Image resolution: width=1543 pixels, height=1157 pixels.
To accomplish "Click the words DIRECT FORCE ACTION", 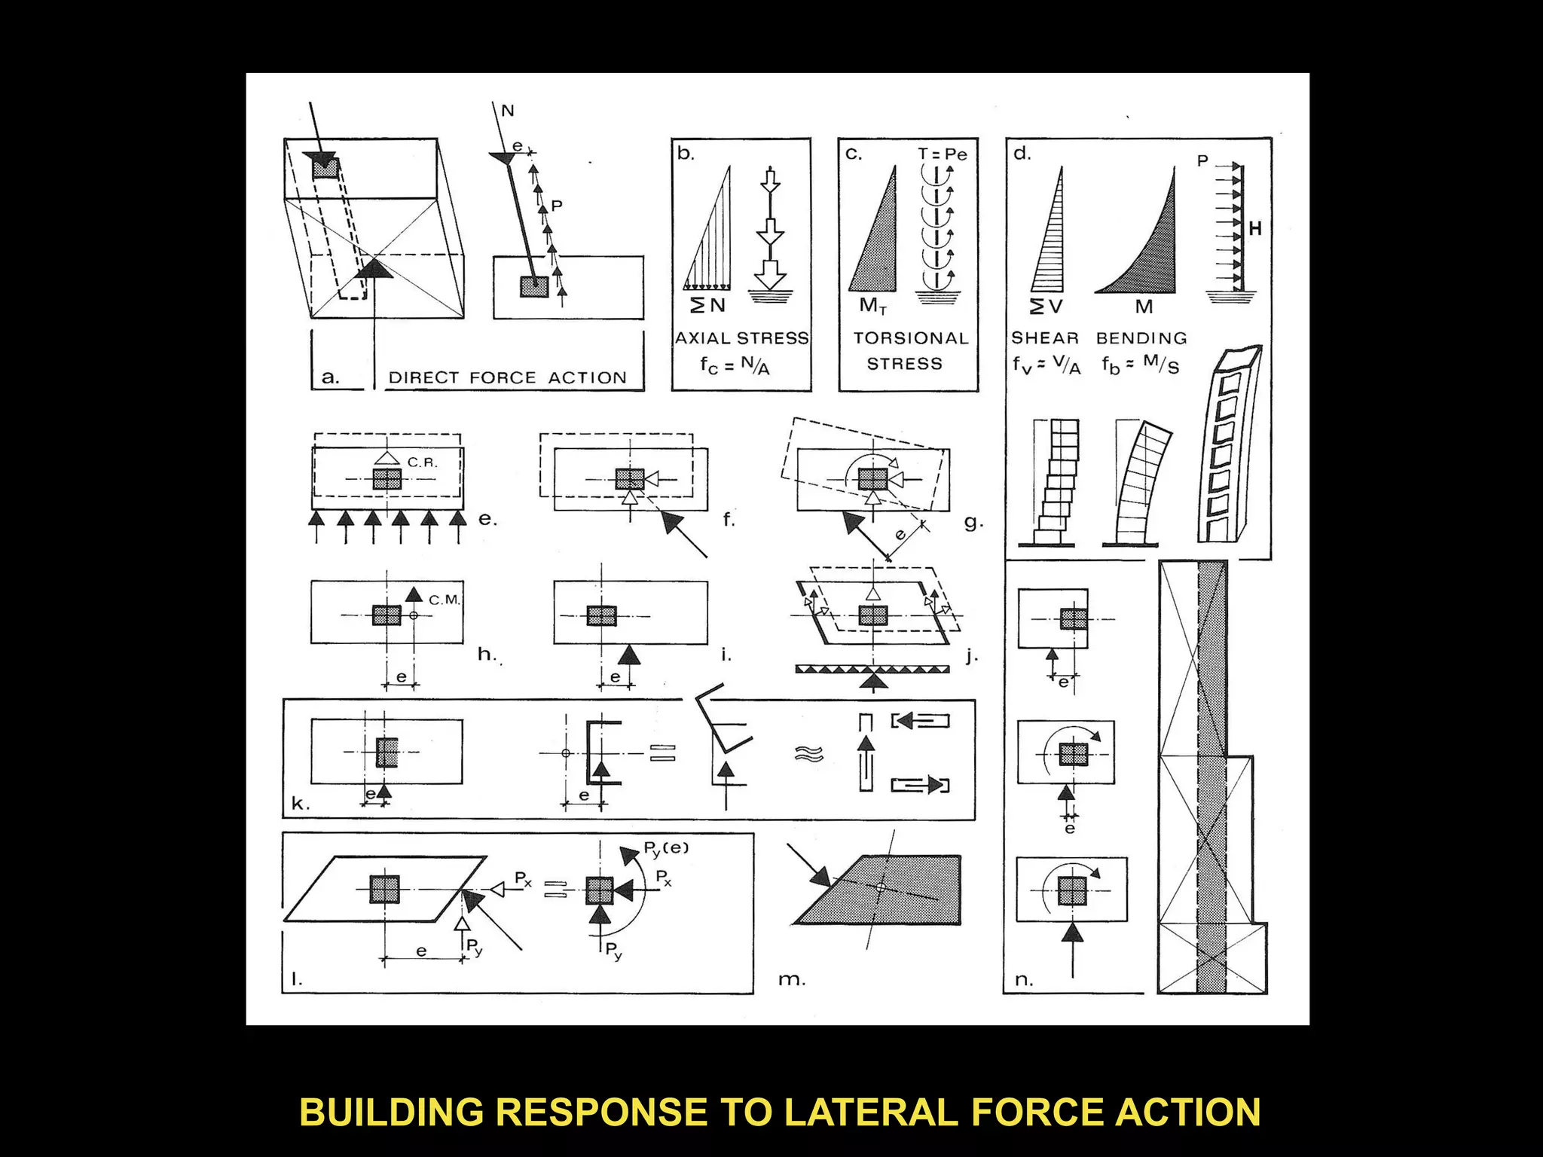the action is pyautogui.click(x=507, y=377).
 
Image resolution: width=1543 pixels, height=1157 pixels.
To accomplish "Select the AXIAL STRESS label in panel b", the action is pyautogui.click(x=742, y=338).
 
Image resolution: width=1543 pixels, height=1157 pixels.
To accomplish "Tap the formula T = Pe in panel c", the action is pyautogui.click(x=942, y=154).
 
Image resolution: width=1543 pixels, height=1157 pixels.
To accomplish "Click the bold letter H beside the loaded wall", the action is pyautogui.click(x=1254, y=227).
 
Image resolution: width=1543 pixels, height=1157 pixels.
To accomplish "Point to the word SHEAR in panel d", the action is pyautogui.click(x=1045, y=338).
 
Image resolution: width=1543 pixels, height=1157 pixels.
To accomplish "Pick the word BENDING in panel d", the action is pyautogui.click(x=1141, y=338).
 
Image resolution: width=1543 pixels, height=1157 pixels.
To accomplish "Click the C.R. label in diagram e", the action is pyautogui.click(x=423, y=462).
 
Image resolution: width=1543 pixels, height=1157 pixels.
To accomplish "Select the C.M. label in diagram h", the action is pyautogui.click(x=445, y=600).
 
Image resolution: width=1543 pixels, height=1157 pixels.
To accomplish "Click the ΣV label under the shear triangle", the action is pyautogui.click(x=1046, y=306).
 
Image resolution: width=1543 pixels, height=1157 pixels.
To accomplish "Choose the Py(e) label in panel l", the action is pyautogui.click(x=665, y=849).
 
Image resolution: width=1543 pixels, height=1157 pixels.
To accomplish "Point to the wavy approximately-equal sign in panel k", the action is pyautogui.click(x=809, y=753).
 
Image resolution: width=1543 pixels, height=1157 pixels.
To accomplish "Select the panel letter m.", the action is pyautogui.click(x=791, y=980).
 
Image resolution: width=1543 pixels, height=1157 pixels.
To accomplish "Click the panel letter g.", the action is pyautogui.click(x=973, y=522).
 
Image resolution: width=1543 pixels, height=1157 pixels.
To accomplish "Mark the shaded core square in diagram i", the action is pyautogui.click(x=601, y=615).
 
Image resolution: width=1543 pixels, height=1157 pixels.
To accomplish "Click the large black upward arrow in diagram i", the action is pyautogui.click(x=629, y=655).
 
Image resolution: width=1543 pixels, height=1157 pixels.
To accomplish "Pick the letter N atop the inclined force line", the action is pyautogui.click(x=508, y=111).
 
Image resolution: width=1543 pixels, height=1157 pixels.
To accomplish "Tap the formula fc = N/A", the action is pyautogui.click(x=735, y=365).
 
